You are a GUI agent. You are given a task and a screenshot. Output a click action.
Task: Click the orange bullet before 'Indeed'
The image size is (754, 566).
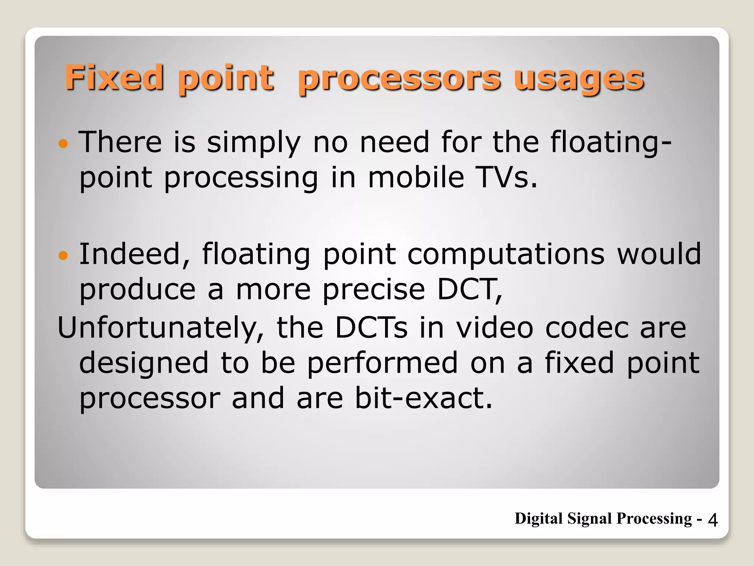[x=63, y=255]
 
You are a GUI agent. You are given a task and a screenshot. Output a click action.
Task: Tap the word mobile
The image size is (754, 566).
[x=416, y=178]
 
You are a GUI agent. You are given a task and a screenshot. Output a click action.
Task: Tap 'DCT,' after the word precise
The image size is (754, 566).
[x=470, y=290]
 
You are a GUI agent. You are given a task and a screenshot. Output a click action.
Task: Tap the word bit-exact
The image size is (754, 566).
[x=423, y=399]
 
